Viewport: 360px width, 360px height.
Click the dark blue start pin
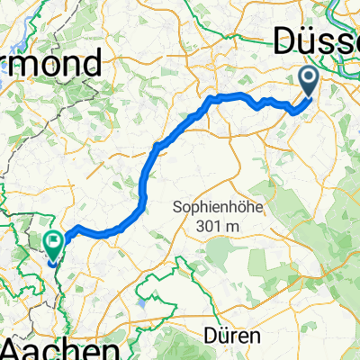point(308,83)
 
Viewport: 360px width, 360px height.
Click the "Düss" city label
point(315,40)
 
